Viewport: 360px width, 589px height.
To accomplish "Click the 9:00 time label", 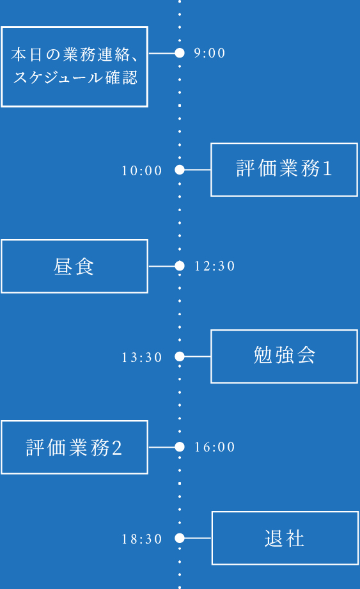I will point(210,53).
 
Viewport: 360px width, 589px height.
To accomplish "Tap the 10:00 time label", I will point(142,171).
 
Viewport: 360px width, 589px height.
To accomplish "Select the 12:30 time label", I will point(215,266).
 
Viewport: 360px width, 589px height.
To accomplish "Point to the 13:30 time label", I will point(142,357).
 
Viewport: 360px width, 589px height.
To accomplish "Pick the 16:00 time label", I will point(215,448).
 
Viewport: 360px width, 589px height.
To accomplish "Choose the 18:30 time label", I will point(142,539).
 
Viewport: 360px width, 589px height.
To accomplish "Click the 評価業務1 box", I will point(284,169).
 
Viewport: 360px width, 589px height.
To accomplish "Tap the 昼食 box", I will point(74,266).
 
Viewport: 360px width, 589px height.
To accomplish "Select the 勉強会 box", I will point(284,356).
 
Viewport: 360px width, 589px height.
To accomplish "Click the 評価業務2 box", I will point(74,447).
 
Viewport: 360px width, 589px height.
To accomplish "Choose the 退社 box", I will point(285,538).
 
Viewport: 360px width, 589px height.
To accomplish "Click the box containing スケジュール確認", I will point(74,67).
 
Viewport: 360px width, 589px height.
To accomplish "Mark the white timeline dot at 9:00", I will point(180,53).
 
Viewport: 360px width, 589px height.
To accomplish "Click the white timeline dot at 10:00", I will point(180,170).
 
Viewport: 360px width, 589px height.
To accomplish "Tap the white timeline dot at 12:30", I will point(180,266).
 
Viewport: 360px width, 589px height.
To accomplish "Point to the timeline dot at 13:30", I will point(180,356).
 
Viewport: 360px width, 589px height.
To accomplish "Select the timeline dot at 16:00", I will point(180,447).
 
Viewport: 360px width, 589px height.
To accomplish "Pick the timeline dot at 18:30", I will point(180,538).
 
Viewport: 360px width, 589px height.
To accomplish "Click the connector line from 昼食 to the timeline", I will point(161,266).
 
